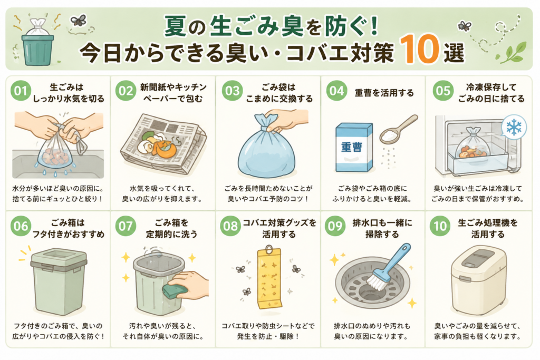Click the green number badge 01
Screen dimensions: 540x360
click(21, 91)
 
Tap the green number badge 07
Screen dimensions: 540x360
click(126, 226)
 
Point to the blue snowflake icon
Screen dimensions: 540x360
click(514, 128)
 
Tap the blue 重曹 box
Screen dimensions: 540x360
click(354, 147)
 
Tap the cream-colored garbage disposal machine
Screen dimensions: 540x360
click(478, 280)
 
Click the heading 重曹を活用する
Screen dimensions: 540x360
click(384, 93)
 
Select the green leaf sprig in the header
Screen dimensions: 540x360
click(513, 53)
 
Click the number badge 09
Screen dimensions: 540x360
click(335, 226)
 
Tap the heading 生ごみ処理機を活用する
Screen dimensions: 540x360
click(488, 229)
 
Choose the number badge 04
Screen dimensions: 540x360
click(336, 91)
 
